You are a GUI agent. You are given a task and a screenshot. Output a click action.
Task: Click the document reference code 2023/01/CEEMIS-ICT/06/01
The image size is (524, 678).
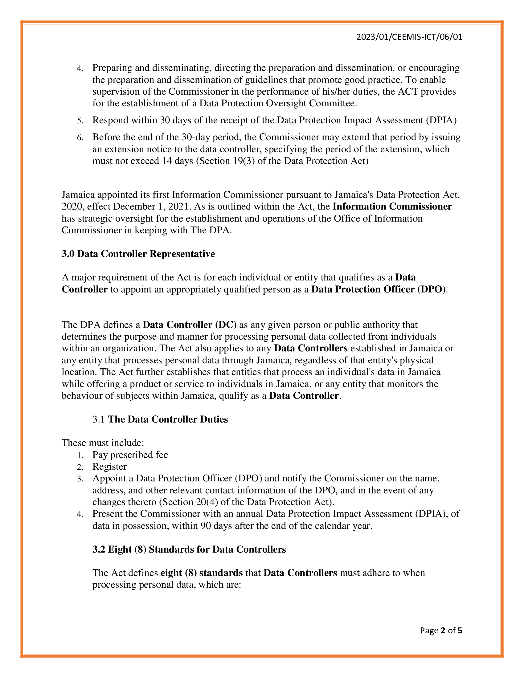click(409, 37)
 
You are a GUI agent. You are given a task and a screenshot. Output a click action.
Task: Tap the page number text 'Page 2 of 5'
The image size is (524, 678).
click(441, 630)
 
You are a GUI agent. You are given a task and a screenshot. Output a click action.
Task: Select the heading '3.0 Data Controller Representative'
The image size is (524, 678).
click(138, 254)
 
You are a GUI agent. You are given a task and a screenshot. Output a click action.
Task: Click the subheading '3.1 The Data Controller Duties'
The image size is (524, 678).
click(160, 419)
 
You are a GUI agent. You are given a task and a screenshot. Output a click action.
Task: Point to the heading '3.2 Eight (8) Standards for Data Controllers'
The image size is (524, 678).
click(189, 549)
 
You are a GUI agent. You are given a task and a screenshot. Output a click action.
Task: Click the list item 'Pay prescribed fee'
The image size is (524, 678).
click(130, 455)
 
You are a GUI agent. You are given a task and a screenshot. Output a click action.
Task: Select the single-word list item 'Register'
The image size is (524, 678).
click(109, 467)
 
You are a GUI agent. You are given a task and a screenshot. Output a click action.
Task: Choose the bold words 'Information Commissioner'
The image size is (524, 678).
click(392, 206)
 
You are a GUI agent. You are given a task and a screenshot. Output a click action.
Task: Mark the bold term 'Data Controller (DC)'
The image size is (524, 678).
click(189, 325)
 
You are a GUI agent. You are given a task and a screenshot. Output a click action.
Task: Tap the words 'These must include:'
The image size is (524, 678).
click(103, 443)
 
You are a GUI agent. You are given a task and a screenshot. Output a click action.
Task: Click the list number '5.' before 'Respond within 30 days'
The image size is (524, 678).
click(80, 121)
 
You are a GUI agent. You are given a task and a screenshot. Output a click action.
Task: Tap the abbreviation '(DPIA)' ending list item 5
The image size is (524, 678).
click(441, 120)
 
